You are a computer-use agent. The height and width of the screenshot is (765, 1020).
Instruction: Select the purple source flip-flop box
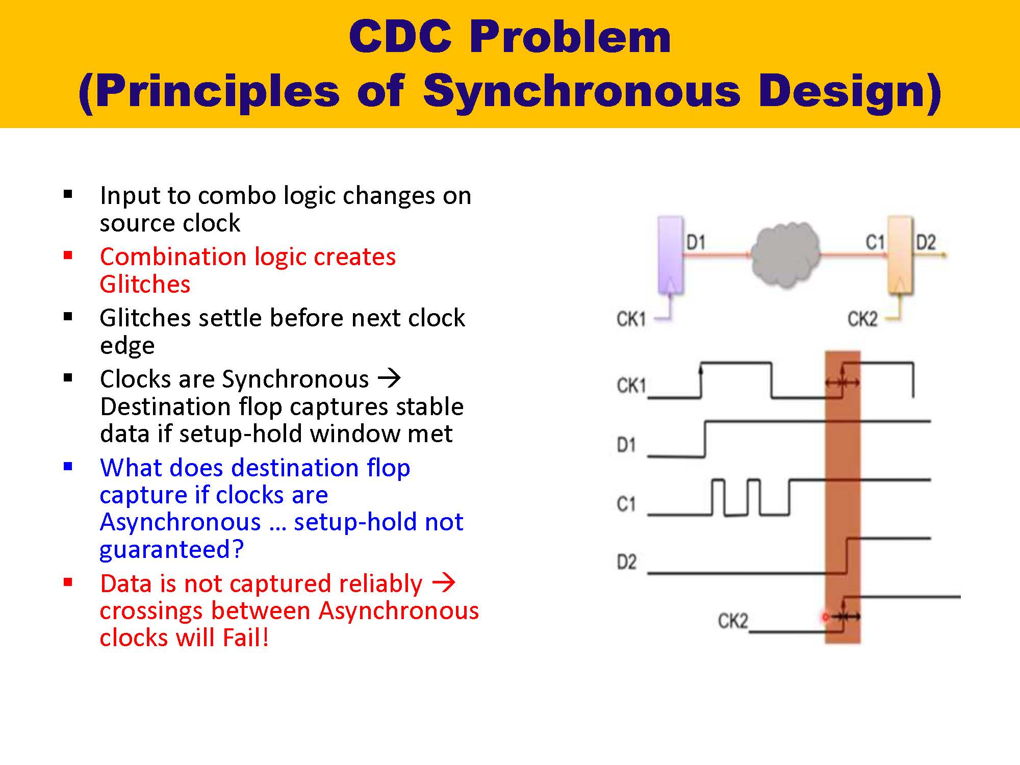pos(670,255)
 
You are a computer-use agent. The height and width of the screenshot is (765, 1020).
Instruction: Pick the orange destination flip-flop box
pos(900,255)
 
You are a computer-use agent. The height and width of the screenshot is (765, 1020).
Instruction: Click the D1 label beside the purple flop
pos(696,242)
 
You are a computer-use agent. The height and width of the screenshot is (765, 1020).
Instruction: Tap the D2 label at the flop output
pos(926,242)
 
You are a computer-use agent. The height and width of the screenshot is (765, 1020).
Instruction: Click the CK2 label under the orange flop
pos(862,319)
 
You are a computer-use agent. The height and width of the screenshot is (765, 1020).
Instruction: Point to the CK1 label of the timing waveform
pos(631,386)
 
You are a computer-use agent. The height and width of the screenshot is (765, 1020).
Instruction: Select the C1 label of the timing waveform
pos(626,504)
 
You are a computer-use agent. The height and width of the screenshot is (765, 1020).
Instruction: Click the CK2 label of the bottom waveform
pos(733,621)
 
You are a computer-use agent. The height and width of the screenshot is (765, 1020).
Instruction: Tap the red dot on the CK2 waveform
pos(825,617)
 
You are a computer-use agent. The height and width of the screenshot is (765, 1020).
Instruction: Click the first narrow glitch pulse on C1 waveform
pos(718,497)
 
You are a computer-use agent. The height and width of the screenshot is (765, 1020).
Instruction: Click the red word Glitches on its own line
pos(145,284)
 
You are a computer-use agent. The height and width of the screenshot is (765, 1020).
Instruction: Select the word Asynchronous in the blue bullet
pos(180,522)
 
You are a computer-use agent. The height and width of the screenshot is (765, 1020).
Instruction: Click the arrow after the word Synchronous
pos(389,378)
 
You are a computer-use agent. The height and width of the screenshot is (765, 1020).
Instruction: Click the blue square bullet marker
pos(68,466)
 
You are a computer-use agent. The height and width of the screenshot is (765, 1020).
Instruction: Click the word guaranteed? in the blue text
pos(171,549)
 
